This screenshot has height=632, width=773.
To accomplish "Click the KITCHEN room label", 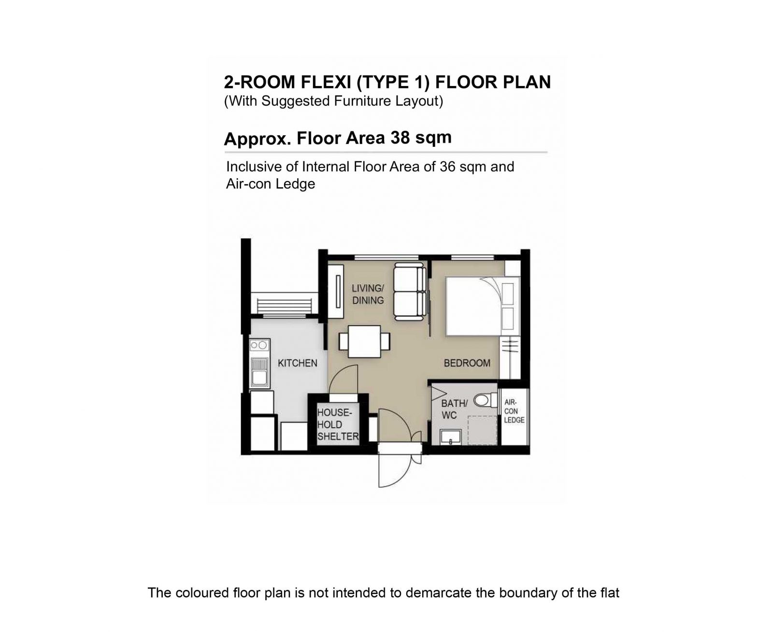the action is click(297, 363).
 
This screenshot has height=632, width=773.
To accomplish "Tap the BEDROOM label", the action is click(467, 363).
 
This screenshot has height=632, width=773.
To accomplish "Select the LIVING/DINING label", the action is click(368, 294).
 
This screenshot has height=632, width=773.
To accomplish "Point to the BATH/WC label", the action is click(454, 409).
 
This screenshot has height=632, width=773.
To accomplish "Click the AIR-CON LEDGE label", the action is click(514, 411).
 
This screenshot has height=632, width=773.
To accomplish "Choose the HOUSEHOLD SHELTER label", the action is click(338, 424).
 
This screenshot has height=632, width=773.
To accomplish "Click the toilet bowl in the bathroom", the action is click(485, 400).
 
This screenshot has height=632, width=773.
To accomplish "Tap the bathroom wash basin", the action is click(450, 437).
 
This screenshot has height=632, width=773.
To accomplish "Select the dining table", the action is click(364, 341).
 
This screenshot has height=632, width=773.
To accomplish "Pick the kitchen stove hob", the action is click(259, 345).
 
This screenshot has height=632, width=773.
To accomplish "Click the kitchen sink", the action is click(259, 373).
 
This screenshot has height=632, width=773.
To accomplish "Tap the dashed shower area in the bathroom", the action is click(482, 430).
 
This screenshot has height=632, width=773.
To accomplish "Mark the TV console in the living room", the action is click(336, 291).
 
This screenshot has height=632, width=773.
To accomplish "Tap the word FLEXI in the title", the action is click(326, 82).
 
